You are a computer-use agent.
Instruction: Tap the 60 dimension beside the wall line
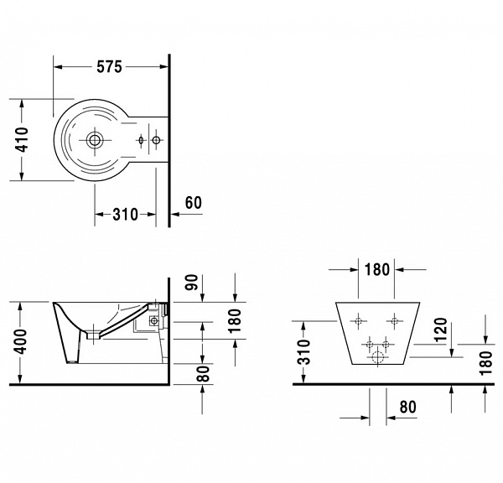click(193, 203)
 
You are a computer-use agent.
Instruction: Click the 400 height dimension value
click(23, 341)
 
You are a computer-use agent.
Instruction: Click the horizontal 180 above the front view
click(377, 270)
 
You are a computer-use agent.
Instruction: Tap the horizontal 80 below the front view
click(408, 407)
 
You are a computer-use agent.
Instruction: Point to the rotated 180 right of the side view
click(236, 319)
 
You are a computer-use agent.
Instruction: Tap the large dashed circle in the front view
click(377, 359)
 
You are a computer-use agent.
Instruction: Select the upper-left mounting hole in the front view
click(359, 321)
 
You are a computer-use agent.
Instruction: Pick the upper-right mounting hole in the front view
click(393, 321)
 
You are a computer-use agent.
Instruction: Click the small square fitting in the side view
click(153, 319)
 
